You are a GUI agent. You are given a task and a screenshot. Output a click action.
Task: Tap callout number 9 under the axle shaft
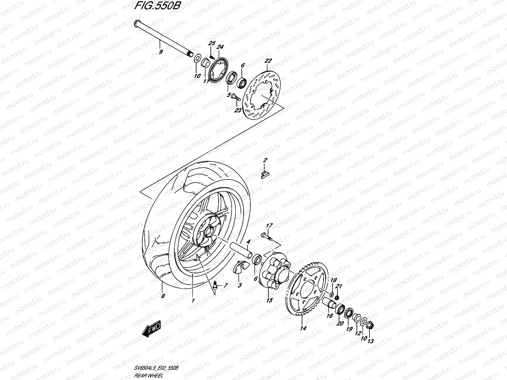[x=161, y=52]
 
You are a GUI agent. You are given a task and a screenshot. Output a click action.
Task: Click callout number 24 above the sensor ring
[x=220, y=47]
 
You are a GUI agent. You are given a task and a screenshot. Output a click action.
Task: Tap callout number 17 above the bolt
[x=269, y=226]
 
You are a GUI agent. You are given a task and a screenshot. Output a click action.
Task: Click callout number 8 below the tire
[x=163, y=296]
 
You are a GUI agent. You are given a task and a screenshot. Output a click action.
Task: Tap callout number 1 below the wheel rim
[x=193, y=300]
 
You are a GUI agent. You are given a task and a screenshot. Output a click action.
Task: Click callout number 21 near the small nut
[x=339, y=287]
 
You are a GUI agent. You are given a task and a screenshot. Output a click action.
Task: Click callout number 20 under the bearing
[x=340, y=323]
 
